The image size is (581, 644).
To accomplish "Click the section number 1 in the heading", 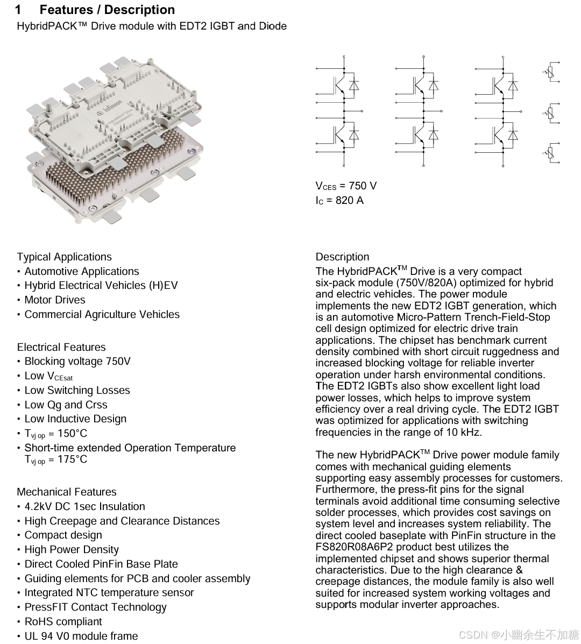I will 18,10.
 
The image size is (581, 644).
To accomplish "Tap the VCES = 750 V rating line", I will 346,186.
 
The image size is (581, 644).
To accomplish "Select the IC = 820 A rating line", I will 339,201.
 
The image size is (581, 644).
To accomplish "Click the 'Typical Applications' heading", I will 64,257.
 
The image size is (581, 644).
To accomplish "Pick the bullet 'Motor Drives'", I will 54,300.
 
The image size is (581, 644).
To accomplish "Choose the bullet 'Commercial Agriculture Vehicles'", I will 102,314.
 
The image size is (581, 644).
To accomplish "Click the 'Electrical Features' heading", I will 61,347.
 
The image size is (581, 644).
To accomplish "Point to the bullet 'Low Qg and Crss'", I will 66,405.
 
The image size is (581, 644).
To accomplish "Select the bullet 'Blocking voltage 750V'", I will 77,361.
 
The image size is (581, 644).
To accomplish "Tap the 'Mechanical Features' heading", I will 66,492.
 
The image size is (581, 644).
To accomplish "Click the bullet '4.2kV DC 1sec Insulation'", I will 84,506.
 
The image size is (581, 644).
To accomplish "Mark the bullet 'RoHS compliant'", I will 63,621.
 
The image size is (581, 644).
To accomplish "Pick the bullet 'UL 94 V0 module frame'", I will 81,636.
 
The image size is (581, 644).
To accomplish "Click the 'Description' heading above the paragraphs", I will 342,257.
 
